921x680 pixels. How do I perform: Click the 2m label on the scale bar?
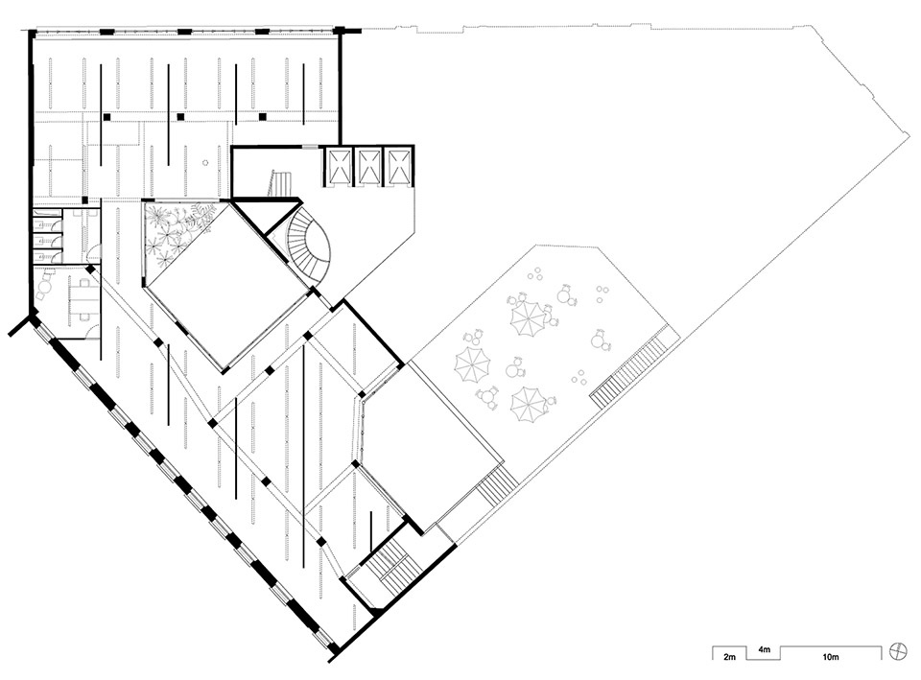click(x=729, y=657)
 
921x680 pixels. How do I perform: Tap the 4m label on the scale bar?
click(x=764, y=649)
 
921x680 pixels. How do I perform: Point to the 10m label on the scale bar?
click(x=830, y=657)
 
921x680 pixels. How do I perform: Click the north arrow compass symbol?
click(x=898, y=651)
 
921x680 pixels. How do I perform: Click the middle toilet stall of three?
click(x=47, y=242)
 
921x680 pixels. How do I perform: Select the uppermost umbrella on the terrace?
click(x=528, y=317)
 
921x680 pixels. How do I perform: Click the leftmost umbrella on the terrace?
click(x=472, y=364)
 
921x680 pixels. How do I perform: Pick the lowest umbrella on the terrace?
click(x=529, y=404)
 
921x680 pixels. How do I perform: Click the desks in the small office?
click(x=83, y=300)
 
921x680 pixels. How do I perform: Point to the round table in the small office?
click(x=45, y=288)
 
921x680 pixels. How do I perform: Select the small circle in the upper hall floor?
click(x=205, y=162)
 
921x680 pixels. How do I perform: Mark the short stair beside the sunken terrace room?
click(x=497, y=483)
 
